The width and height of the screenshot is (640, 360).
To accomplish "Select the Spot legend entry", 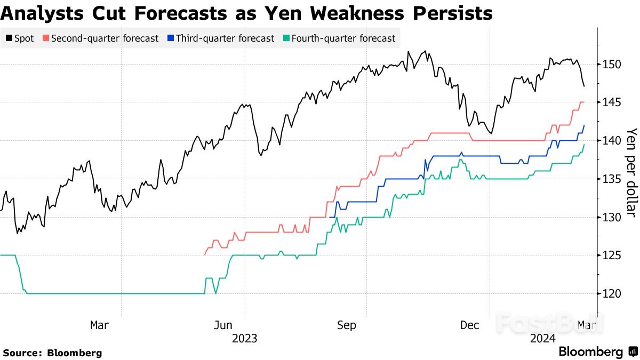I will (20, 38).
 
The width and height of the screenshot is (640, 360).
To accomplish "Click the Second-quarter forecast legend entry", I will (101, 38).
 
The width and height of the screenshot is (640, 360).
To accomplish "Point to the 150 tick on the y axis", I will (609, 65).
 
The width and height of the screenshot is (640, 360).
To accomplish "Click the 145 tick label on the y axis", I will (609, 102).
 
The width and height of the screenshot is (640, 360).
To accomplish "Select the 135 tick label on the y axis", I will (609, 179).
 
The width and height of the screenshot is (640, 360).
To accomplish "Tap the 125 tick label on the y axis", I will (609, 255).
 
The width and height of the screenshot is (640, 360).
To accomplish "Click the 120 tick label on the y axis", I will (609, 294).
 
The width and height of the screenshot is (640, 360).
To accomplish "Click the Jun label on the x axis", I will (222, 325).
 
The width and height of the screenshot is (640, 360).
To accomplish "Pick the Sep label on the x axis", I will (346, 325).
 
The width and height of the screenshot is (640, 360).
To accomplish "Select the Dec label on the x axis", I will (470, 325).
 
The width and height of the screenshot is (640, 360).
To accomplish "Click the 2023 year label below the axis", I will (244, 338).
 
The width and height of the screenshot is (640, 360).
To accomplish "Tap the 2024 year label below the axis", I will (543, 338).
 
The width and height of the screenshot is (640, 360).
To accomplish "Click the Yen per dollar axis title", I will (631, 172).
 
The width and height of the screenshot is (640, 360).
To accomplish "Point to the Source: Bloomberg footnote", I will (52, 353).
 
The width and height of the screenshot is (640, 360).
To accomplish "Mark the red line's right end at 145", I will (584, 102).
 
